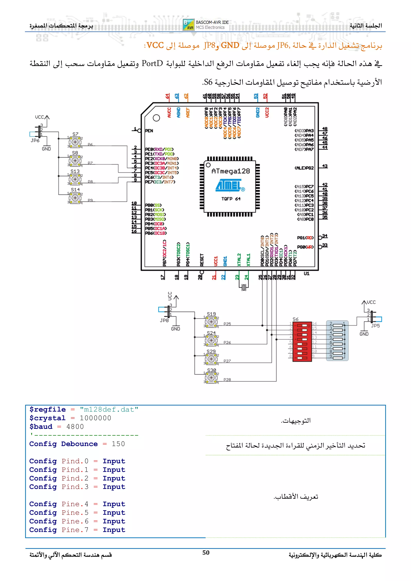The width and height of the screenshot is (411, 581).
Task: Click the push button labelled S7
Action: point(75,142)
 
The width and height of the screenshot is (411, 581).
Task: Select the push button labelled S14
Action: point(75,197)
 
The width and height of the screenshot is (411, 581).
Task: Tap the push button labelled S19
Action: point(211,322)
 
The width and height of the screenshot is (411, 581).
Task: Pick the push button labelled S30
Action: point(211,378)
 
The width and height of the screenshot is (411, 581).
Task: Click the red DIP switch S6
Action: point(302,342)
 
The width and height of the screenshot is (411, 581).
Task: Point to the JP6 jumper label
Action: point(35,141)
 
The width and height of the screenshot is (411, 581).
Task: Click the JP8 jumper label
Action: point(164,320)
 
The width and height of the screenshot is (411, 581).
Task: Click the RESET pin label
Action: point(202,260)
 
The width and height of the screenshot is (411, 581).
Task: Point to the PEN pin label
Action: point(149,131)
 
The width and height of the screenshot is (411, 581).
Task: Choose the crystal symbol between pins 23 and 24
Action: point(244,287)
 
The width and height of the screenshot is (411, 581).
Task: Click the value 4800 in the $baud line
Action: point(75,427)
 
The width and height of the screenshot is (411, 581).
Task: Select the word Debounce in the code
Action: point(79,444)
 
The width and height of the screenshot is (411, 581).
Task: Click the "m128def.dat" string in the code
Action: point(109,409)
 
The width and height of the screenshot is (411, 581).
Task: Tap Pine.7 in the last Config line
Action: point(75,530)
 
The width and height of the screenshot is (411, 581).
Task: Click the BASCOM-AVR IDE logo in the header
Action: point(206,25)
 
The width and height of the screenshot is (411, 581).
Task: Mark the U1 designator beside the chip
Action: point(306,273)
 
